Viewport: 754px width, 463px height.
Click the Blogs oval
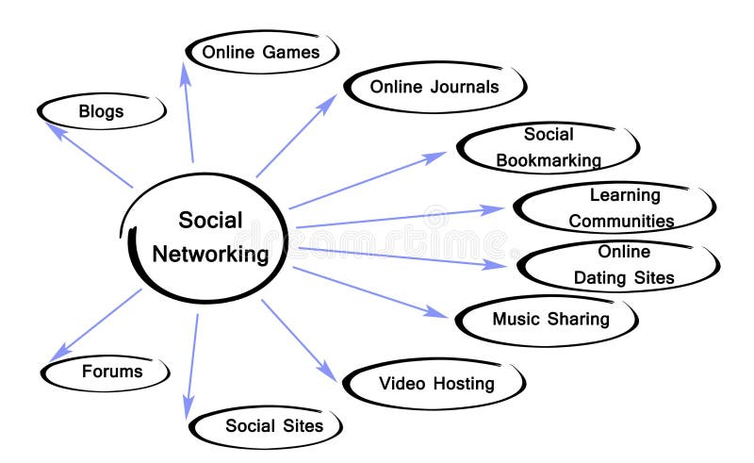(x=102, y=111)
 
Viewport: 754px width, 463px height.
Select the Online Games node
(x=261, y=52)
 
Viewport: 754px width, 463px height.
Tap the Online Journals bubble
(x=434, y=88)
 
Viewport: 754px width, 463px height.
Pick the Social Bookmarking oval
(x=549, y=147)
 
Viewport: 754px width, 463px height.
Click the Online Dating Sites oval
(x=623, y=265)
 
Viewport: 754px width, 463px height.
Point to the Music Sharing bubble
(x=550, y=319)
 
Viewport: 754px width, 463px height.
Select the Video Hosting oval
(x=436, y=384)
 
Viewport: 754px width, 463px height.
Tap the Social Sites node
(x=273, y=426)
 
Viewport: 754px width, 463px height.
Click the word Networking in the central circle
(x=210, y=254)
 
